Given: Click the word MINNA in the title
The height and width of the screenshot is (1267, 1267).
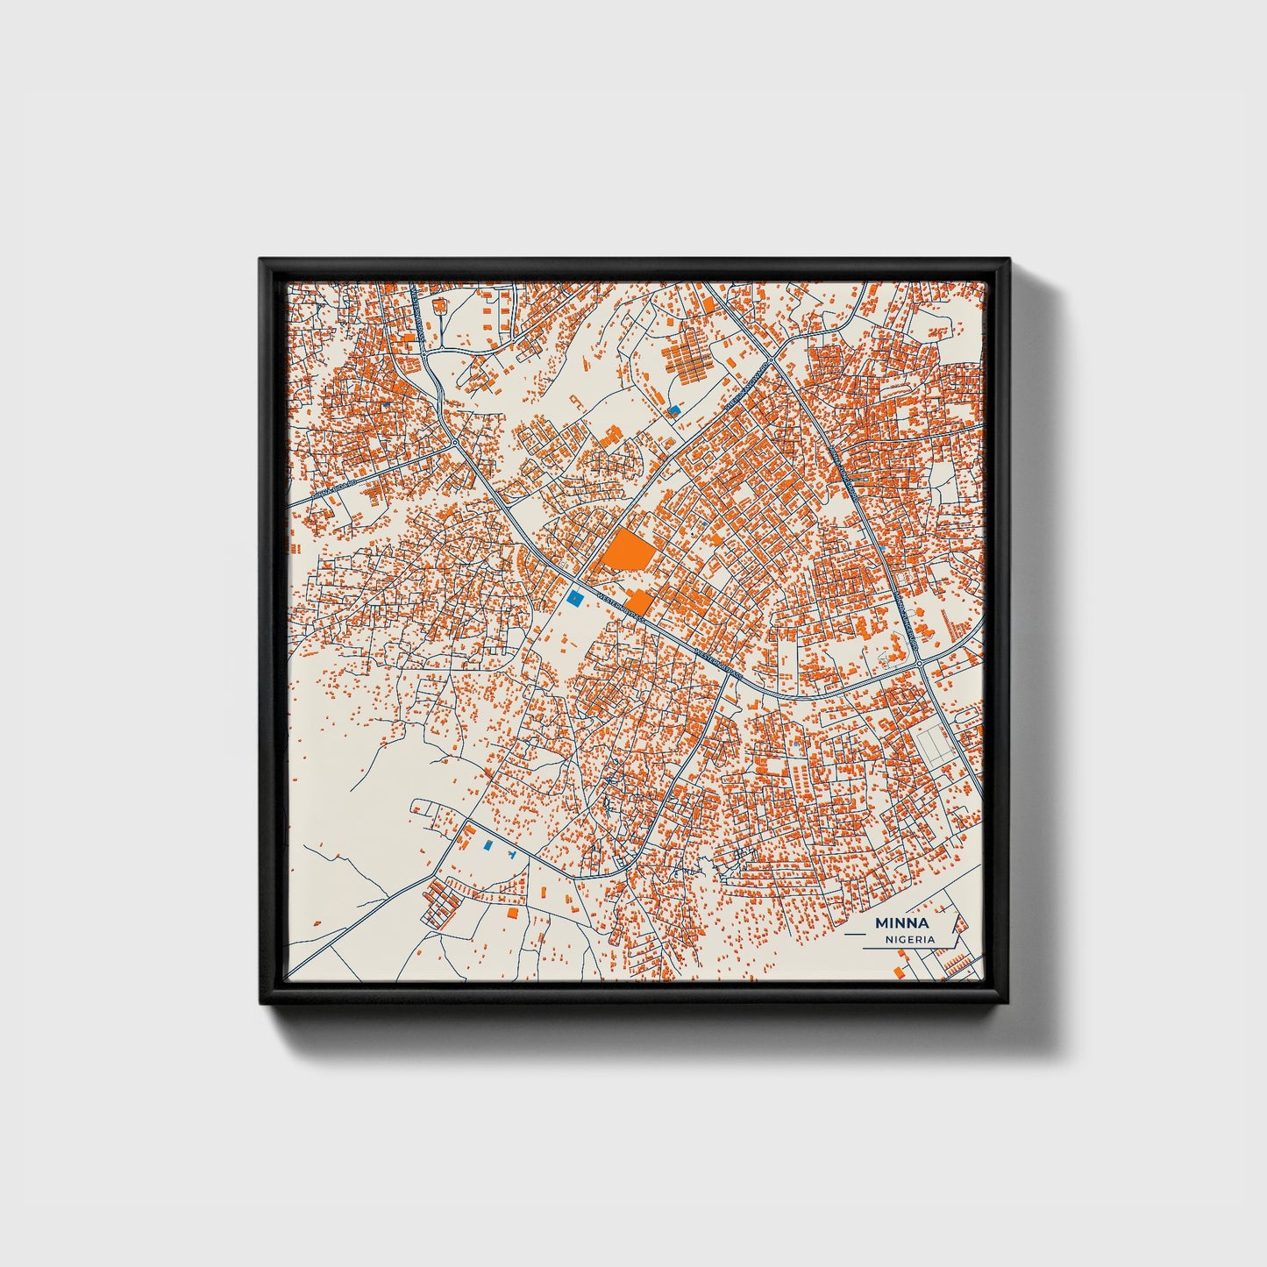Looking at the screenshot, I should point(902,922).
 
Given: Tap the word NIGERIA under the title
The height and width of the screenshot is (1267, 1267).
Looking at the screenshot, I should point(909,939).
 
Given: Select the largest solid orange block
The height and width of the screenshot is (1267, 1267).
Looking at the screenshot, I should point(627,552).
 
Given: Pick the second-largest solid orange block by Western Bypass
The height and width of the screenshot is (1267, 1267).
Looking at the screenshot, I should point(638,601).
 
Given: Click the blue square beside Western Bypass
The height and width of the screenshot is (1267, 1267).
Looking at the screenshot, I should point(574,598).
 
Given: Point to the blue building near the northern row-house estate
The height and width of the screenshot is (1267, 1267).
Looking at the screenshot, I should point(673,409).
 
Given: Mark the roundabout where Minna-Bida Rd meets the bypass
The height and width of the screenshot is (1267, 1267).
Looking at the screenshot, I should point(455,442).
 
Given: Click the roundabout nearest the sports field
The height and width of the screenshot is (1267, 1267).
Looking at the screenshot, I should point(922,665).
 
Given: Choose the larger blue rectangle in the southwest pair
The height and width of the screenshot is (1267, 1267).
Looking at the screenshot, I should point(488,846).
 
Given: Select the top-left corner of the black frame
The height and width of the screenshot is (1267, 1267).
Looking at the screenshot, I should point(260,260).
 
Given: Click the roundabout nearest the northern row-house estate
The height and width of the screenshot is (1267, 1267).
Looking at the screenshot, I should point(772,360).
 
